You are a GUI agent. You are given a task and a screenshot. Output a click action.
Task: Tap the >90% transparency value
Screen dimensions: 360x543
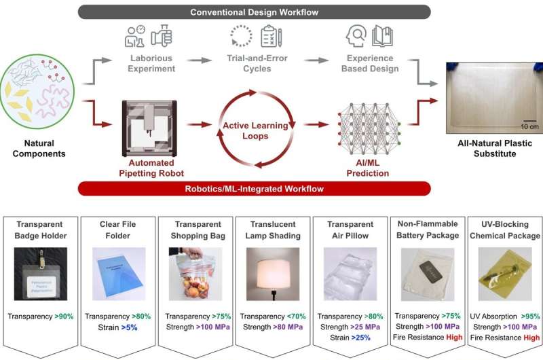click(x=64, y=317)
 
